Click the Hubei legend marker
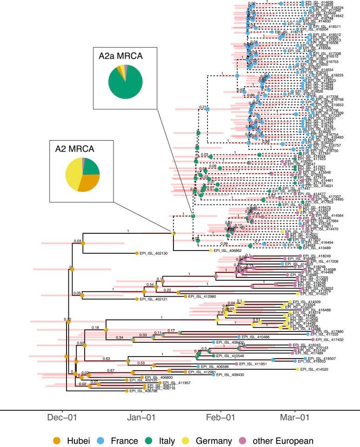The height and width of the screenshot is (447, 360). [x=57, y=440]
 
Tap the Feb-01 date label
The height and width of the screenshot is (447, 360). [x=221, y=418]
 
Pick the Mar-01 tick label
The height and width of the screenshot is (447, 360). [x=294, y=418]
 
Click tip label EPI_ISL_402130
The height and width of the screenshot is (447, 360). [x=152, y=253]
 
